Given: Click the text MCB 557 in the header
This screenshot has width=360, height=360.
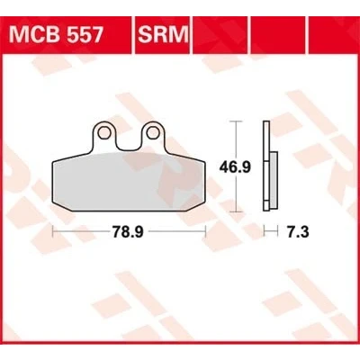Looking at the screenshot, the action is [x=56, y=35].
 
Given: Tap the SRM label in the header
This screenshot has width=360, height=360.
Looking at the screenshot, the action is [x=163, y=35].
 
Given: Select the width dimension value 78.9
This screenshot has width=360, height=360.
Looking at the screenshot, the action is [x=128, y=232].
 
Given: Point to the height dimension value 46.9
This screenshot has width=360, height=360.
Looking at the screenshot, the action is [x=235, y=166].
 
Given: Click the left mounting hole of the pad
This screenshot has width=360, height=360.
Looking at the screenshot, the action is [x=103, y=132].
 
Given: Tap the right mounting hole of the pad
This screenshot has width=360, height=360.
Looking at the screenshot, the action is [x=153, y=132].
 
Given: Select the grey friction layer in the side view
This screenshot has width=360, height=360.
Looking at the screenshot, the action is [x=274, y=179].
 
